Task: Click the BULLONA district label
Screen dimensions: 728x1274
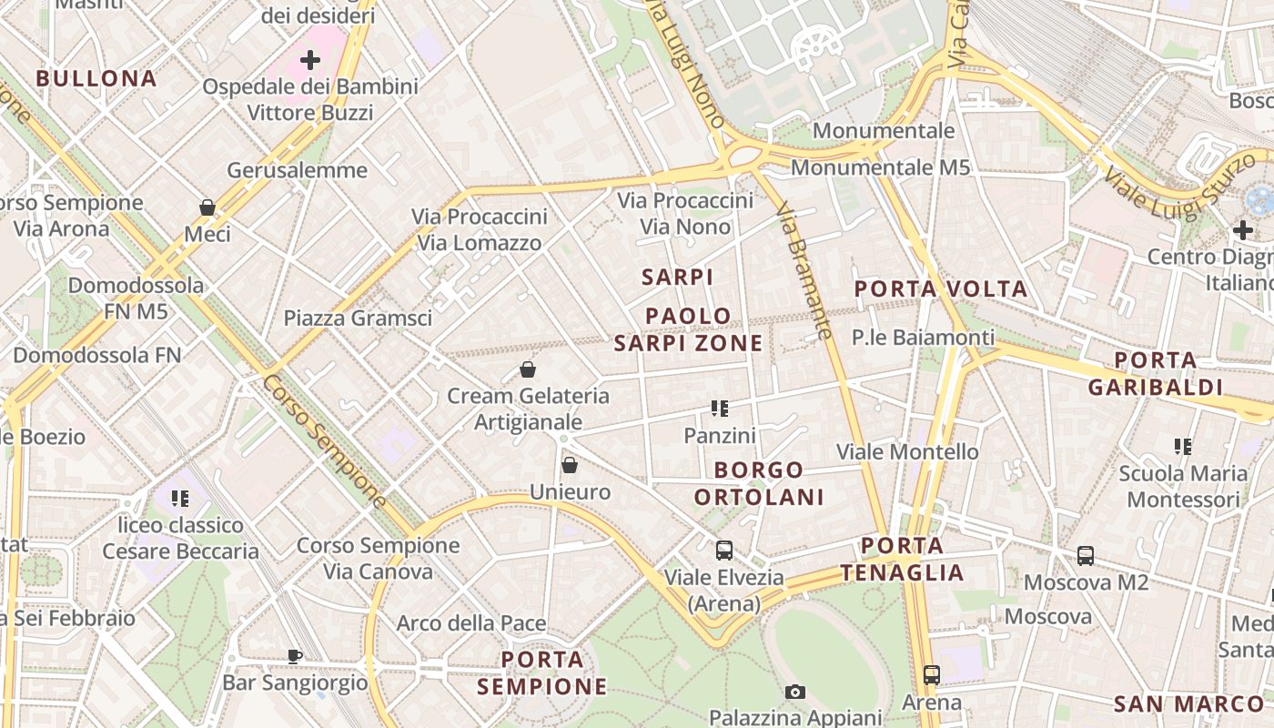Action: (x=96, y=78)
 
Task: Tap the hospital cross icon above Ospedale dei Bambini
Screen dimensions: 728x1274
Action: (x=310, y=61)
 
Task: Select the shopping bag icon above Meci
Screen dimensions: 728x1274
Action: (x=207, y=207)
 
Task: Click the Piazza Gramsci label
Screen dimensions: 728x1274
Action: (x=358, y=318)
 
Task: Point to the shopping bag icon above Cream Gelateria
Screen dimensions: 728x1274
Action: (x=528, y=369)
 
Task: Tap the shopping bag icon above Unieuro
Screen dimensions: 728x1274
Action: (x=570, y=465)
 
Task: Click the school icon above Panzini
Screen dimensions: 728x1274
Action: (x=720, y=409)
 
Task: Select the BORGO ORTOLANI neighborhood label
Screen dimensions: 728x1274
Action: (x=759, y=483)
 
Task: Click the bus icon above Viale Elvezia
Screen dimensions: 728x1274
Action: (x=724, y=550)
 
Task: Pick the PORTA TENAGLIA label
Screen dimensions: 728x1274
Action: (x=901, y=559)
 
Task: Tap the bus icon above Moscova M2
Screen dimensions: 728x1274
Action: (x=1086, y=555)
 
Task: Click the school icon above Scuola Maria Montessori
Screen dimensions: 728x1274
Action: (x=1183, y=446)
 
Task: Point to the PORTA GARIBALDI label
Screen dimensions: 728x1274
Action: (x=1155, y=373)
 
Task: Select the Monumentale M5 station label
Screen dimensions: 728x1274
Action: (x=880, y=167)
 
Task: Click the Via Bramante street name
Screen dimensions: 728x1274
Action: (x=805, y=271)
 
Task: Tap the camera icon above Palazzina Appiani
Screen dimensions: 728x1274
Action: (x=795, y=692)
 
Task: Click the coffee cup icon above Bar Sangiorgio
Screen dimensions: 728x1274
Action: (x=295, y=655)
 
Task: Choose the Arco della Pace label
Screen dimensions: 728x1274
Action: (x=471, y=623)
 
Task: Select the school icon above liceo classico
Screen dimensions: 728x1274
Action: (x=179, y=498)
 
